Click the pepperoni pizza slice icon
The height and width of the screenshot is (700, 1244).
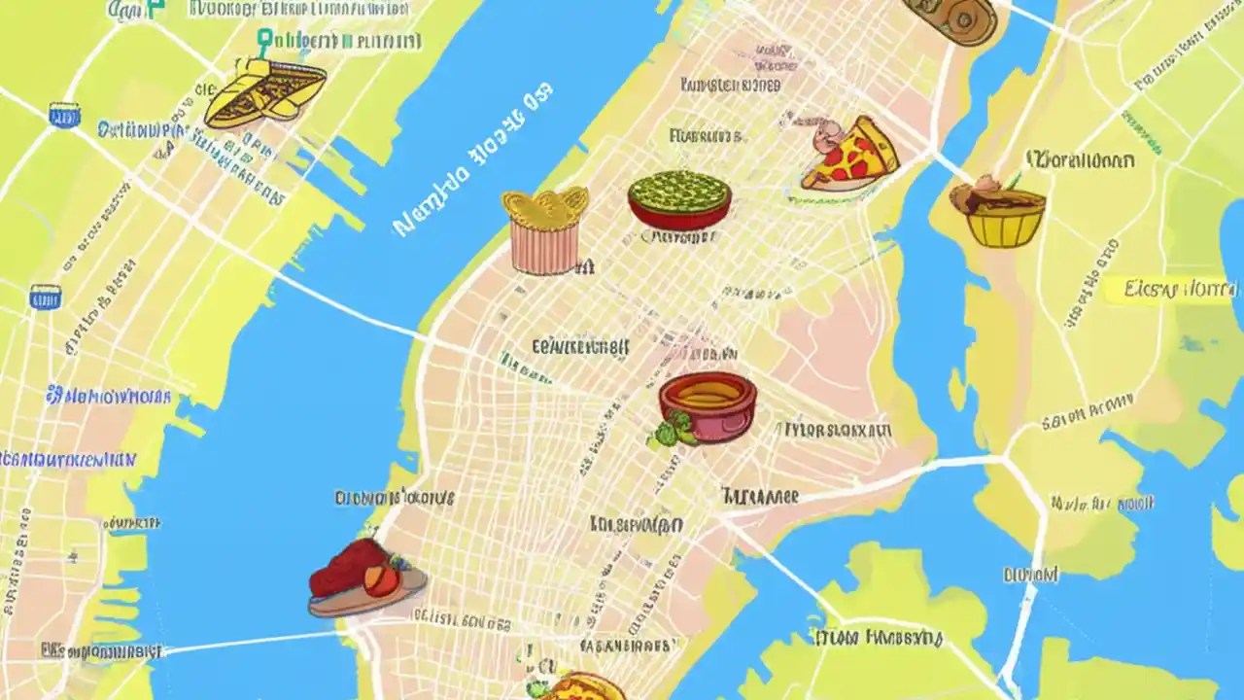coord(849,156)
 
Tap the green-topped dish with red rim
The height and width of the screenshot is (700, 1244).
coord(679,200)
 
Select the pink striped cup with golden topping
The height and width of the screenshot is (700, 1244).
coord(544,243)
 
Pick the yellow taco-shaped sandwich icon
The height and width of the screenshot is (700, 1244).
coord(264,93)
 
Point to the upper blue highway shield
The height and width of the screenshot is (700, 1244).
coord(65,115)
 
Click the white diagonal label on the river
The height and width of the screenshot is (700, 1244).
coord(473,161)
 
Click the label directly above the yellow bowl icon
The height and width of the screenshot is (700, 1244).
coord(1080,159)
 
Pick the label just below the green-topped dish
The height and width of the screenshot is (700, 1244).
coord(680,236)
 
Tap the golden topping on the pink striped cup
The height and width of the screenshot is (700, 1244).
coord(545,204)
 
